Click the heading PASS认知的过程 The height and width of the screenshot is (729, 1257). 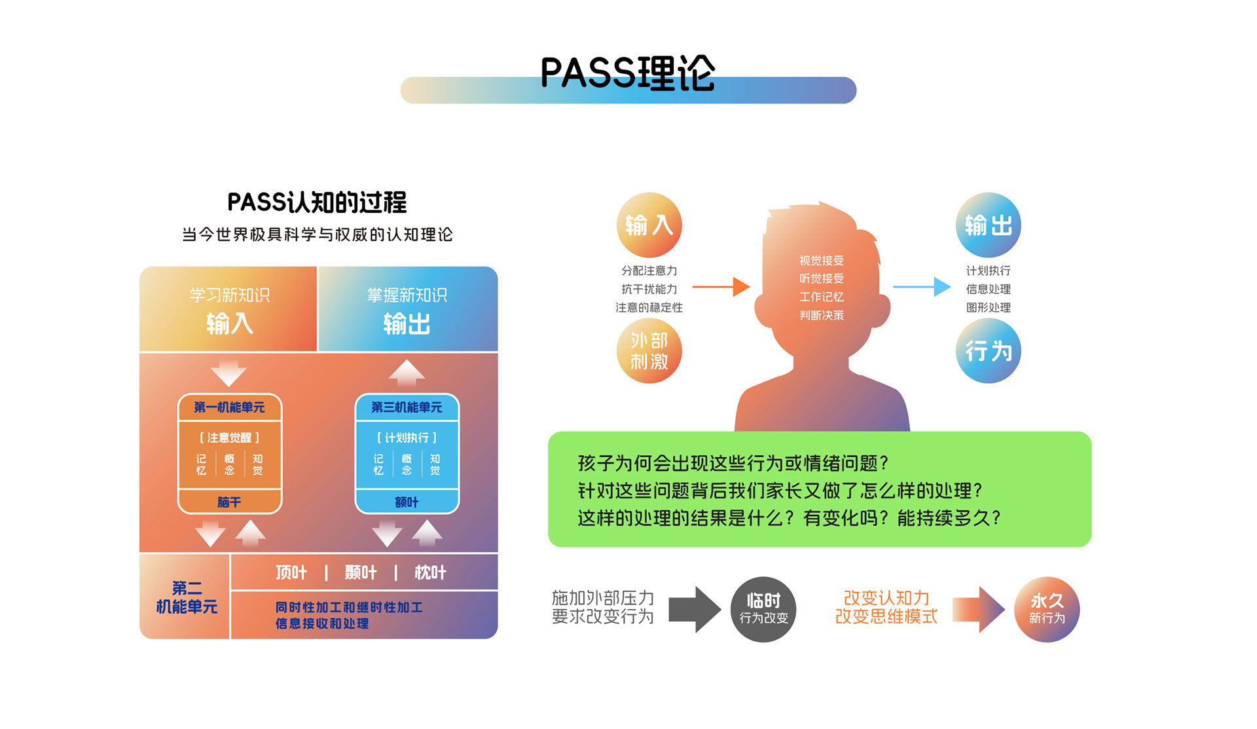[x=317, y=202]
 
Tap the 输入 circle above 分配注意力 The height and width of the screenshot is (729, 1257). [x=649, y=225]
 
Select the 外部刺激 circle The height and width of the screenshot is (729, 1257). [x=649, y=351]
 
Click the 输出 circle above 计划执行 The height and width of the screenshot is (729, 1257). [x=988, y=225]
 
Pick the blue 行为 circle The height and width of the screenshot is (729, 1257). [x=988, y=351]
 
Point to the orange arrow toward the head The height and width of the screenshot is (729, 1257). [x=721, y=287]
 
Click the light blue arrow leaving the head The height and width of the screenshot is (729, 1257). [x=922, y=287]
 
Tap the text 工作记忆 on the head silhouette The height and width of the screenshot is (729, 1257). [x=822, y=297]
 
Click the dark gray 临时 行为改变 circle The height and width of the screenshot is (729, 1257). [x=763, y=609]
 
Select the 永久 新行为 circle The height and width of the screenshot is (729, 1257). [x=1047, y=609]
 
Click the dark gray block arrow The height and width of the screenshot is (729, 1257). [x=695, y=609]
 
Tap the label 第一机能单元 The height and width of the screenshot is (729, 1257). [x=229, y=407]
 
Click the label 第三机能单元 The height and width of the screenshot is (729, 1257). [x=407, y=407]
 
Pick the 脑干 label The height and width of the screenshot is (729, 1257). [x=229, y=502]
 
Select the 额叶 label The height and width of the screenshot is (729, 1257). [x=407, y=502]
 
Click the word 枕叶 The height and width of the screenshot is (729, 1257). [x=430, y=572]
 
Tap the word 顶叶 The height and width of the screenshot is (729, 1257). [x=291, y=572]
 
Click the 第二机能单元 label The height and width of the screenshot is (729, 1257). [x=187, y=597]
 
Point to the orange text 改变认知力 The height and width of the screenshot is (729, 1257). [x=886, y=597]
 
